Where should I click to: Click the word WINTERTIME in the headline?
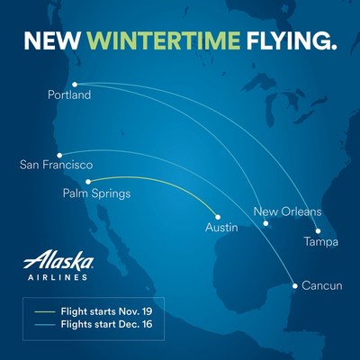pyautogui.click(x=163, y=40)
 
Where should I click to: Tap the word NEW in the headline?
pyautogui.click(x=52, y=40)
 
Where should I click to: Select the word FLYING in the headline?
pyautogui.click(x=292, y=40)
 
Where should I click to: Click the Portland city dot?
pyautogui.click(x=75, y=85)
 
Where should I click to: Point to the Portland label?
pyautogui.click(x=69, y=94)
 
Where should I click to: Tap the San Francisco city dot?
pyautogui.click(x=59, y=155)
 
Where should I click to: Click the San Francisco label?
pyautogui.click(x=57, y=165)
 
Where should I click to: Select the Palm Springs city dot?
pyautogui.click(x=88, y=182)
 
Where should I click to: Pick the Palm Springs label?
pyautogui.click(x=96, y=193)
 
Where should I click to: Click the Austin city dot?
pyautogui.click(x=218, y=217)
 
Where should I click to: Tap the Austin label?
pyautogui.click(x=221, y=228)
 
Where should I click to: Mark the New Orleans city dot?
pyautogui.click(x=265, y=223)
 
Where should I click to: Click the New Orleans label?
pyautogui.click(x=287, y=211)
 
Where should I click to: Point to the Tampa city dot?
pyautogui.click(x=318, y=231)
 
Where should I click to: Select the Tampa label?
pyautogui.click(x=321, y=242)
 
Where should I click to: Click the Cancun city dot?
pyautogui.click(x=295, y=286)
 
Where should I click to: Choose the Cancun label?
pyautogui.click(x=322, y=285)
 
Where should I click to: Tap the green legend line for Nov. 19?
pyautogui.click(x=45, y=312)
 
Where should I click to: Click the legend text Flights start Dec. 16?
pyautogui.click(x=106, y=324)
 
